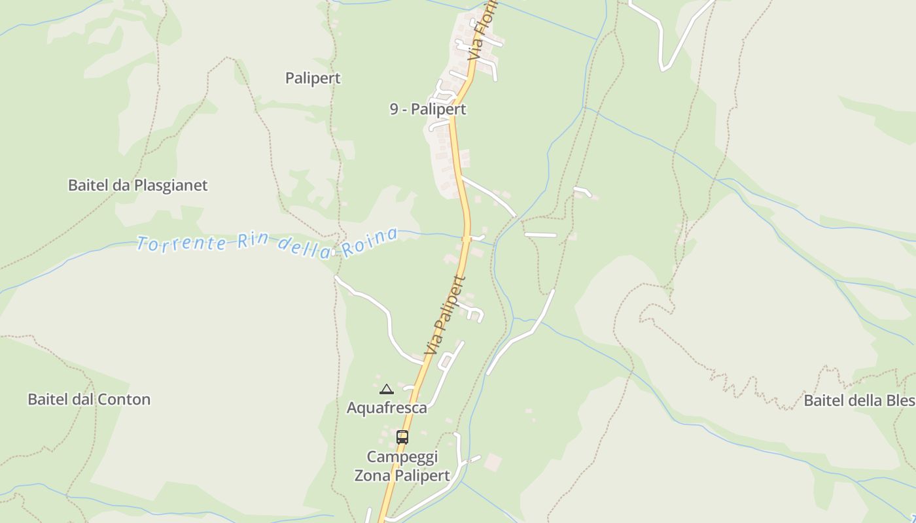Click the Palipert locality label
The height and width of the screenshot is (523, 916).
pyautogui.click(x=313, y=78)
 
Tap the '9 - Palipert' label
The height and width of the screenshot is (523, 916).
pyautogui.click(x=428, y=109)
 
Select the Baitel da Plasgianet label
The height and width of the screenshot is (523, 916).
pyautogui.click(x=137, y=185)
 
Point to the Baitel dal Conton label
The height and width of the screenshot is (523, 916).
pyautogui.click(x=89, y=399)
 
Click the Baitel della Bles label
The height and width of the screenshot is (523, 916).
pyautogui.click(x=858, y=400)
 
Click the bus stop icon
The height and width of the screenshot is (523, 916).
pyautogui.click(x=402, y=437)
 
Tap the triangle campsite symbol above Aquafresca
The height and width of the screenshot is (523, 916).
pyautogui.click(x=387, y=390)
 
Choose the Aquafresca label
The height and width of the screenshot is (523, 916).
pyautogui.click(x=387, y=408)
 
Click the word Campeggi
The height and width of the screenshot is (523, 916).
pyautogui.click(x=402, y=456)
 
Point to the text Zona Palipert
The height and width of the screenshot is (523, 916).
pyautogui.click(x=402, y=475)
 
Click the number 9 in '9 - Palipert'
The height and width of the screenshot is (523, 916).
pyautogui.click(x=394, y=109)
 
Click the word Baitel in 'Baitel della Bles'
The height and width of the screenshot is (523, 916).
pyautogui.click(x=823, y=400)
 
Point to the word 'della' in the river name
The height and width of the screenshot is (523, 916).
pyautogui.click(x=303, y=247)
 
